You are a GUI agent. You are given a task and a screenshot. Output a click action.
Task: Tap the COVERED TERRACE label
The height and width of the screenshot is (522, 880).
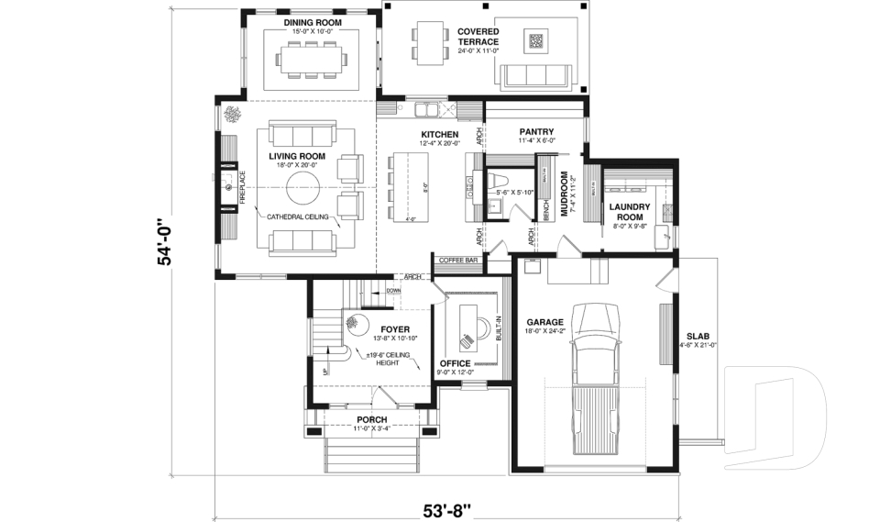(478, 37)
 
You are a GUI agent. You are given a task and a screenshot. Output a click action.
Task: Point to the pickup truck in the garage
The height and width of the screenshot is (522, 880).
(595, 376)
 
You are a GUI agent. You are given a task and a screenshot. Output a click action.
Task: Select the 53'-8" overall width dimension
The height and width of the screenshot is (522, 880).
(447, 506)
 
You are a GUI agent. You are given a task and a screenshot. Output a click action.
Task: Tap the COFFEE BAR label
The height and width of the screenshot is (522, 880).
(459, 261)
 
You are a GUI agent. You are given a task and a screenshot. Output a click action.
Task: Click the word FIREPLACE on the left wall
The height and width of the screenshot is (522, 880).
(243, 188)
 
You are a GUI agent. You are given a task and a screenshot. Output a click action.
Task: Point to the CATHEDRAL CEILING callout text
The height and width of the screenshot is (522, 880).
(298, 217)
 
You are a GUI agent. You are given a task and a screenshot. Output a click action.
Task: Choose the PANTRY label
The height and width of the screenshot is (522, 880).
(533, 131)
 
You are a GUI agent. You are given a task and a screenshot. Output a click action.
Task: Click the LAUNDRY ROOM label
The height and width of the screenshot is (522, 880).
(629, 211)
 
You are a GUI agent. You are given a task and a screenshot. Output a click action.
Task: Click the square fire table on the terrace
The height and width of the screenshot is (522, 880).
(535, 39)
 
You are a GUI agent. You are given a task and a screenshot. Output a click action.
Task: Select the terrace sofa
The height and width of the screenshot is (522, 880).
(535, 74)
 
